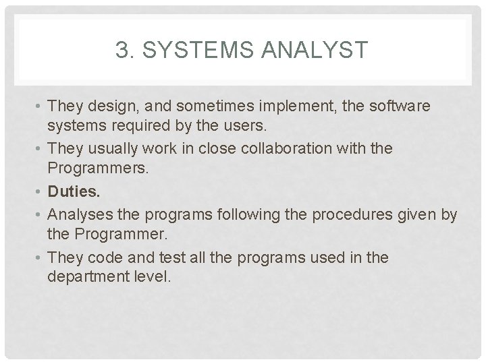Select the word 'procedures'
(346, 214)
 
